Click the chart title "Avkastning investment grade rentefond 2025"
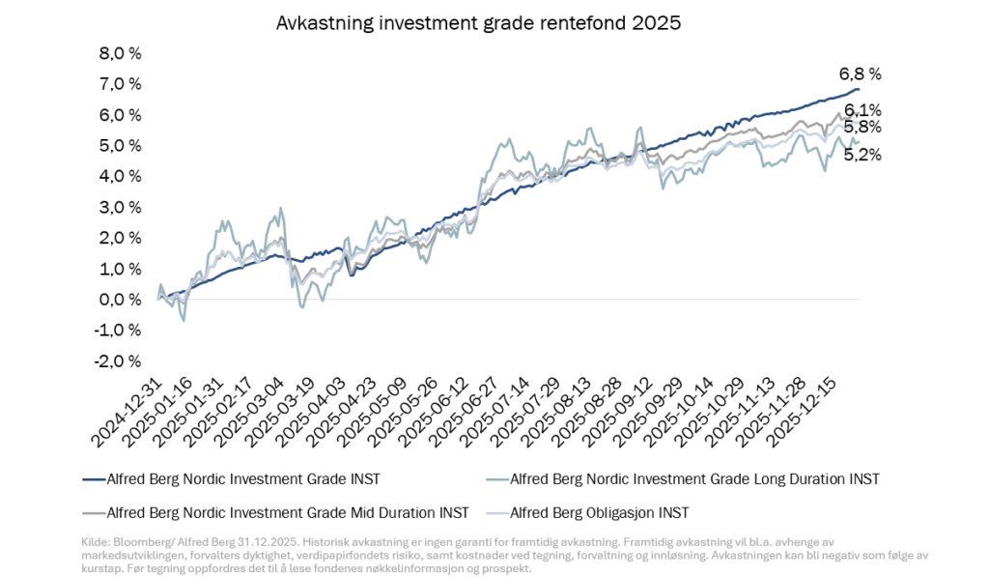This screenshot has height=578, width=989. pos(478,24)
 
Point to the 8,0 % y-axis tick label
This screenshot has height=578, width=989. pos(120,53)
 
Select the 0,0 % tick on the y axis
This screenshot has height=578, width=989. pos(120,299)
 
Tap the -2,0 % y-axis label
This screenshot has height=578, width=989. pos(118,361)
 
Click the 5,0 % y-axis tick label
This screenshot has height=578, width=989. pos(120,145)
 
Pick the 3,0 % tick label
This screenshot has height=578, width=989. pos(120,207)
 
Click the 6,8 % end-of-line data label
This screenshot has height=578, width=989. pos(861,73)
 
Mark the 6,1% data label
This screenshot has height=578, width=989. pos(862,110)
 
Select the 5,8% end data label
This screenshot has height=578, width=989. pos(862,128)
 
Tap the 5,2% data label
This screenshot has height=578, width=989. pos(862,154)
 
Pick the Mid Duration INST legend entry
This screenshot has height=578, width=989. pos(287,512)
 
